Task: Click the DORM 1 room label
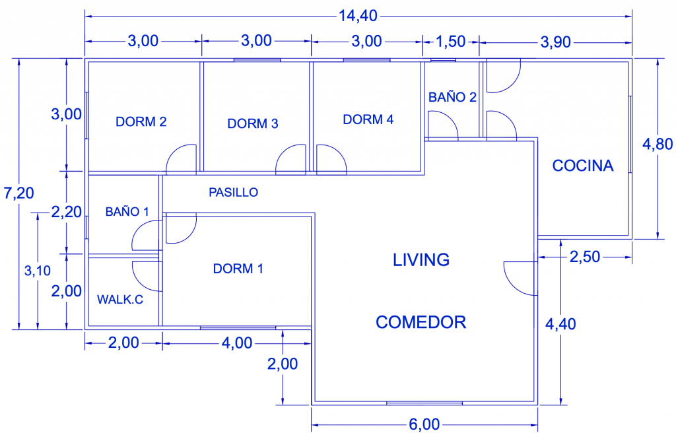coord(238,269)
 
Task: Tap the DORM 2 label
coord(141,121)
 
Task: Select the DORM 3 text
coord(253,123)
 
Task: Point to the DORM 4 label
coord(368,119)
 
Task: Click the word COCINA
coord(583,166)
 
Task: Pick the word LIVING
coord(421,260)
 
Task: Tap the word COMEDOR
coord(421,322)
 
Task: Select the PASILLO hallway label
coord(233,192)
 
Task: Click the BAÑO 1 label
coord(127,211)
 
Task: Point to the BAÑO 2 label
coord(452,97)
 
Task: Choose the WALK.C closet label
coord(120,299)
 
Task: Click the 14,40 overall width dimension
coord(358,16)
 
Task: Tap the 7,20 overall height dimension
coord(18,193)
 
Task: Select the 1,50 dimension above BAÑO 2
coord(450,42)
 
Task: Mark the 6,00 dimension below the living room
coord(424,424)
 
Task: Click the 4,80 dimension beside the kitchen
coord(658,144)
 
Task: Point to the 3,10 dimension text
coord(38,271)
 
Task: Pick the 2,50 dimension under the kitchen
coord(585,257)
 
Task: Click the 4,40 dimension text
coord(560,323)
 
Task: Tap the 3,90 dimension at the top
coord(556,42)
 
